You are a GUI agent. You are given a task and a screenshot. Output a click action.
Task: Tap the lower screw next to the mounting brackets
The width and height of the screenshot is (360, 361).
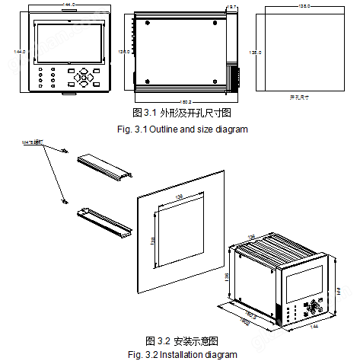click(x=64, y=202)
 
